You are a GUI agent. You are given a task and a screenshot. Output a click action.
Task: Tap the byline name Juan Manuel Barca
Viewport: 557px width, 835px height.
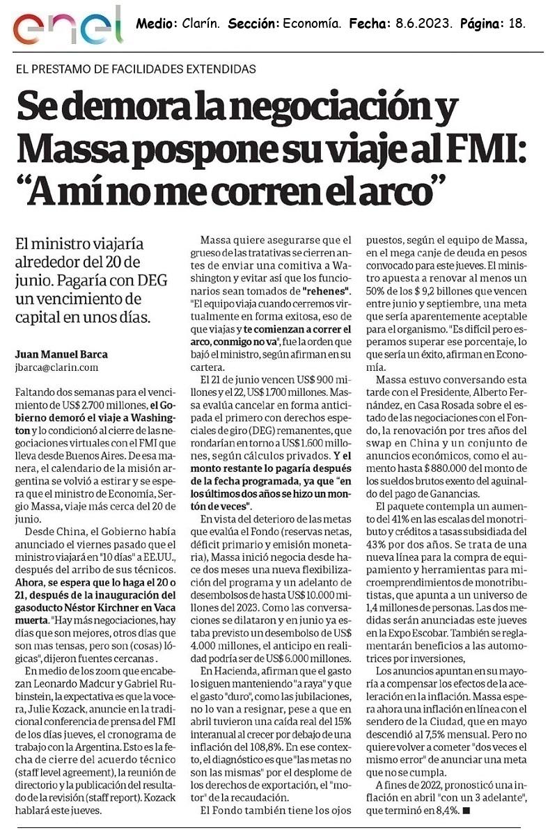pos(62,354)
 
